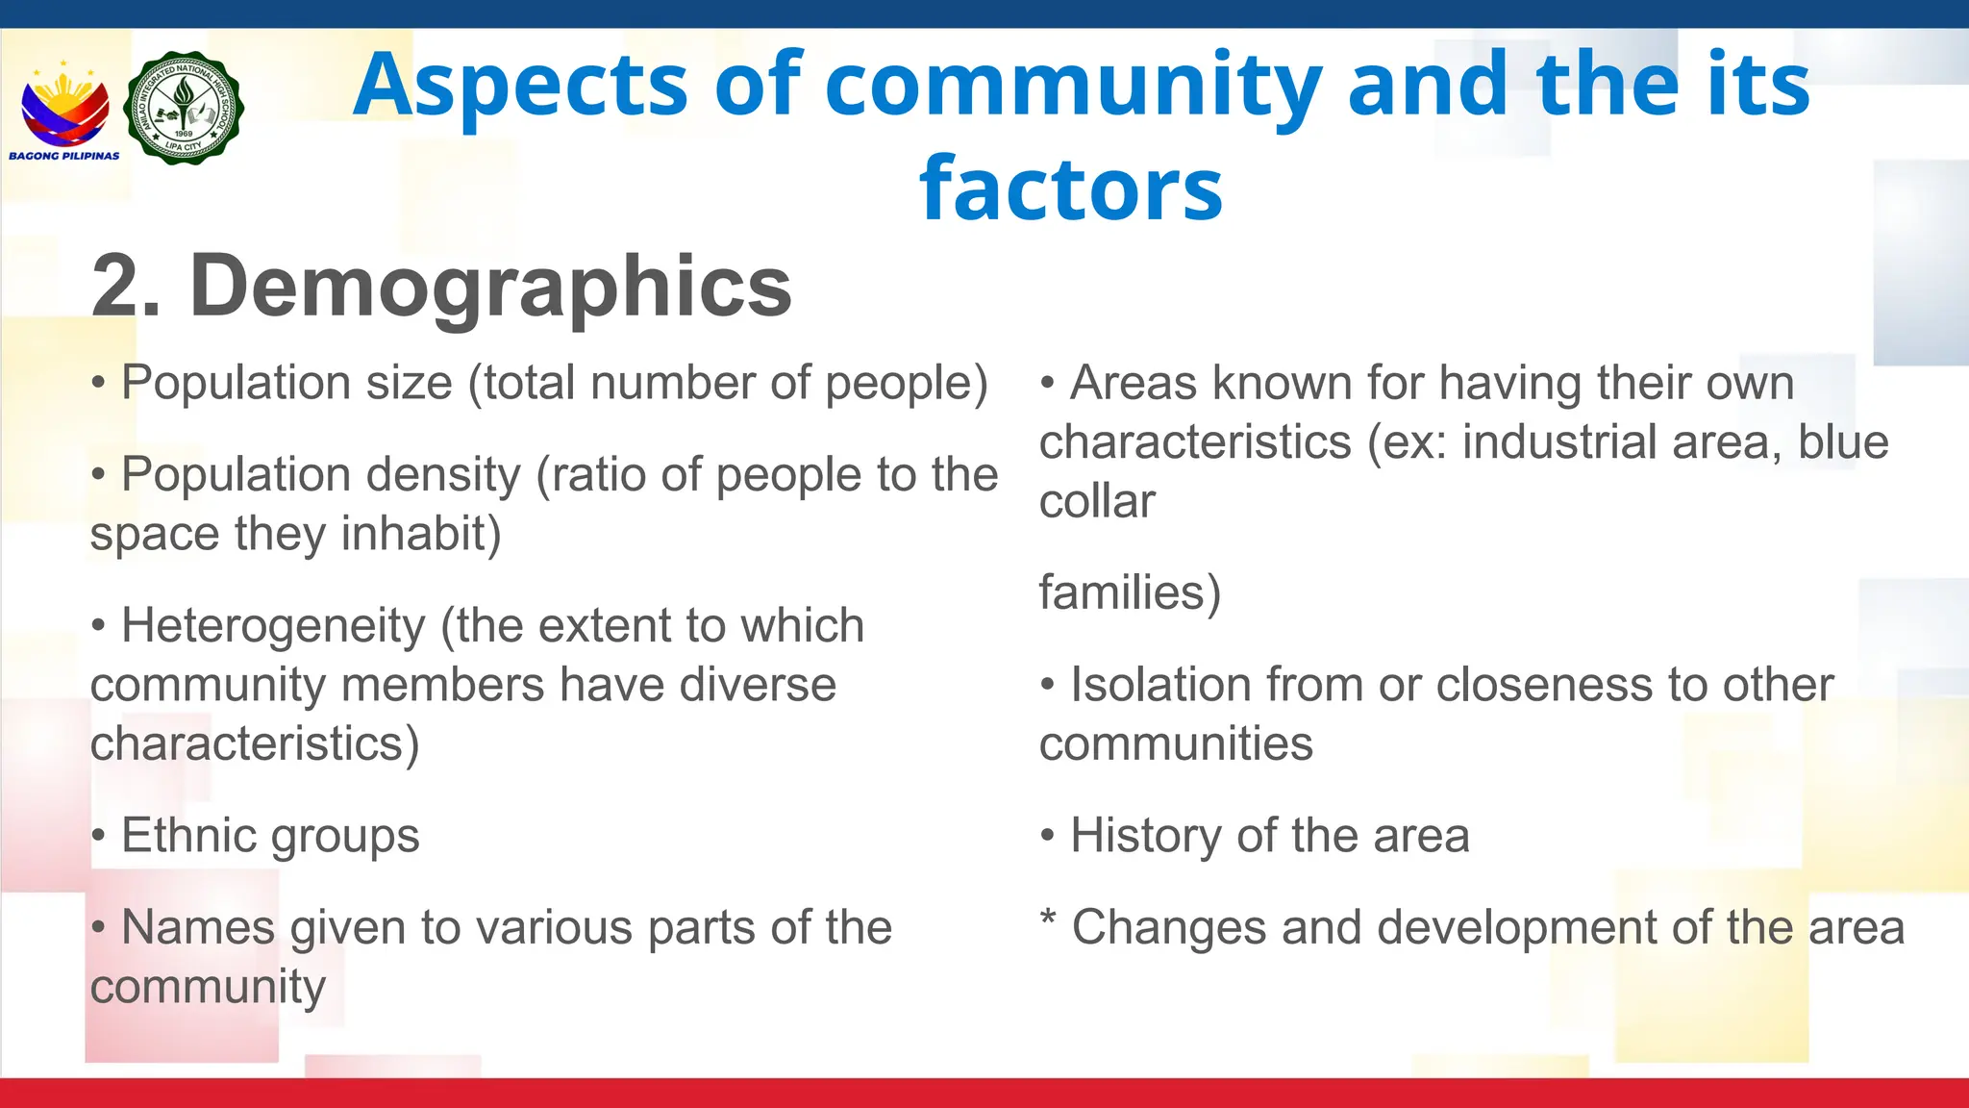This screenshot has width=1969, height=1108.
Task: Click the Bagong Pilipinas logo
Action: pyautogui.click(x=64, y=111)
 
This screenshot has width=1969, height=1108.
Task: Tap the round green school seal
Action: pyautogui.click(x=184, y=108)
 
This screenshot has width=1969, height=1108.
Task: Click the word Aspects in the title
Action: pyautogui.click(x=520, y=85)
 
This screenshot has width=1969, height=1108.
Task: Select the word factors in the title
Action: pyautogui.click(x=1071, y=188)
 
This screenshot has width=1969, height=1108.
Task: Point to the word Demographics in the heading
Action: pyautogui.click(x=490, y=286)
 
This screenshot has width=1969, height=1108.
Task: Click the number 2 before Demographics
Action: pyautogui.click(x=116, y=286)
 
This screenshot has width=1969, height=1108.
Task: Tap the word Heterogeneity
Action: pyautogui.click(x=273, y=625)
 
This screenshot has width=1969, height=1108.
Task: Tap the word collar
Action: pyautogui.click(x=1097, y=501)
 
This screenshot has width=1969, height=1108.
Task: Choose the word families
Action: pyautogui.click(x=1129, y=592)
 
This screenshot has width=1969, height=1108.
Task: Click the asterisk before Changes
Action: pyautogui.click(x=1048, y=920)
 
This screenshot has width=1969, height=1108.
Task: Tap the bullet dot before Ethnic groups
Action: pyautogui.click(x=98, y=836)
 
